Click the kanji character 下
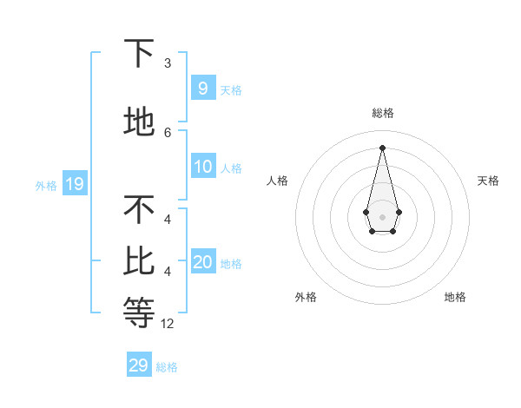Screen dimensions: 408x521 pos(140,54)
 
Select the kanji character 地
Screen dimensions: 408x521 pos(140,122)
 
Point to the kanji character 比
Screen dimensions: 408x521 pos(140,260)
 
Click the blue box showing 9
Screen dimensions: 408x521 pos(202,89)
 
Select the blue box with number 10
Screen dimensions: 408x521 pos(202,168)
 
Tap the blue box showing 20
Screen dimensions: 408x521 pos(202,263)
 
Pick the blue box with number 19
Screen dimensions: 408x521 pos(74,184)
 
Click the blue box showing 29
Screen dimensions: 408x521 pos(138,365)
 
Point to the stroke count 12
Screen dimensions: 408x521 pos(168,324)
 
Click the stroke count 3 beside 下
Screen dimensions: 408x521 pos(168,63)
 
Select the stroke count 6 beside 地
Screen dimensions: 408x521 pos(168,132)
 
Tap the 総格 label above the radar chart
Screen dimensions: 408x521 pos(382,113)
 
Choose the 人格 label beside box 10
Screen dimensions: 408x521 pos(231,168)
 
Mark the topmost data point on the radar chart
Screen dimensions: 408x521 pos(382,147)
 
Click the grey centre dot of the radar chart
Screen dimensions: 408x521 pos(382,216)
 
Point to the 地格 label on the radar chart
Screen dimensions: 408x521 pos(455,297)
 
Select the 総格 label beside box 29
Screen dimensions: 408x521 pos(167,367)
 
